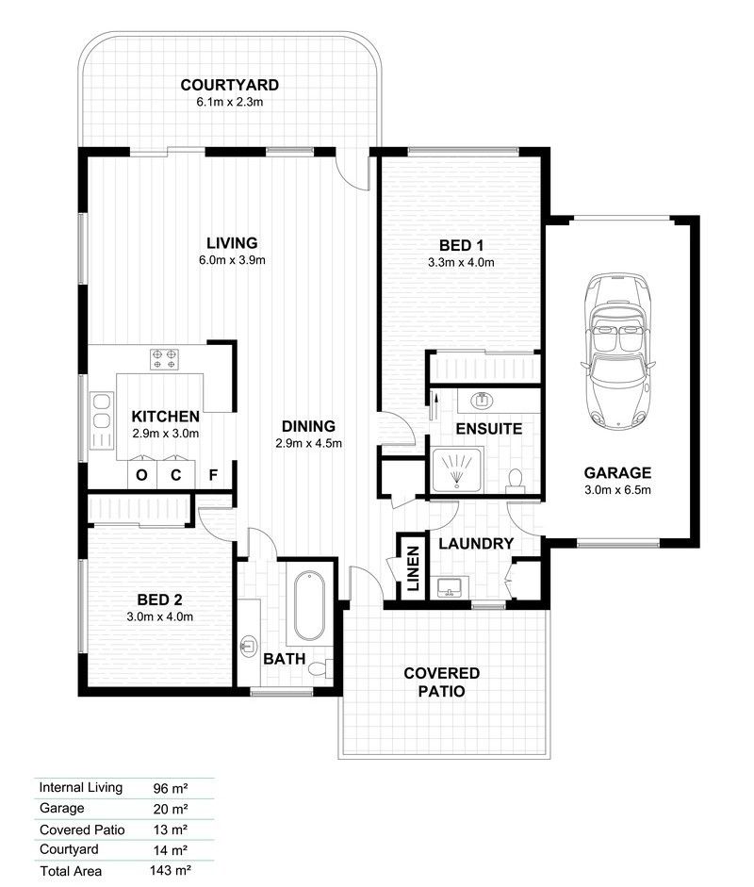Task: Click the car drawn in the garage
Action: tap(617, 348)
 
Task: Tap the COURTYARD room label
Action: tap(229, 86)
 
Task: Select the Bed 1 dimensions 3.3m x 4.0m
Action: tap(461, 263)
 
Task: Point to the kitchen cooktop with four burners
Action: tap(164, 359)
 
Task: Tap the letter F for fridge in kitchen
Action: tap(214, 475)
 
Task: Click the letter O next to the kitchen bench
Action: tap(141, 475)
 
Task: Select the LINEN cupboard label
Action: tap(412, 567)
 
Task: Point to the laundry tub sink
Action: tap(450, 587)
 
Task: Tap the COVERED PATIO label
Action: tap(441, 682)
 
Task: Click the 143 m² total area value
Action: tap(172, 871)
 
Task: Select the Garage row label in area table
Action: tap(61, 808)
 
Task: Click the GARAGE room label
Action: tap(617, 473)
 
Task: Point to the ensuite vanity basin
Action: tap(482, 401)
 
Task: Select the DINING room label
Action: tap(307, 426)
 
